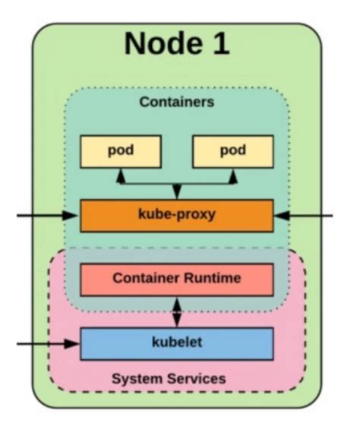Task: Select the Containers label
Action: coord(176,101)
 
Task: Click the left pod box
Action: coord(120,150)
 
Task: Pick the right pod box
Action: coord(232,150)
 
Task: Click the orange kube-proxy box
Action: coord(176,215)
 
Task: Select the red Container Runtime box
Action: coord(176,279)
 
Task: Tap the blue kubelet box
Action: coord(176,343)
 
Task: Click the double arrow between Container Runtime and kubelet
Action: coord(176,311)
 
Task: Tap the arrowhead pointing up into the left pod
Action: coord(120,174)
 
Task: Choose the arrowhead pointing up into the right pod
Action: coord(232,174)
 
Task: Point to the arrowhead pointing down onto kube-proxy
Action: coord(176,194)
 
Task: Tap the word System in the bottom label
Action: coord(134,378)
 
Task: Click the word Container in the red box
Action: coord(147,279)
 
